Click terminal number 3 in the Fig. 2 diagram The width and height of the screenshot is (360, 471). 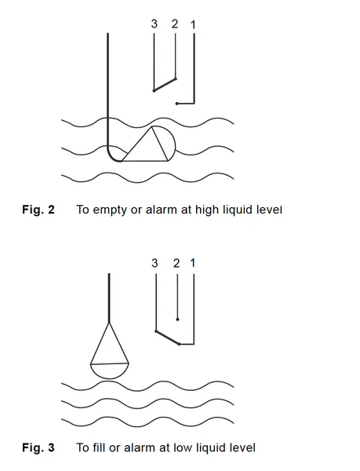coord(155,24)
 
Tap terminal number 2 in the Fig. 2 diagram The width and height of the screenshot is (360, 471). coord(175,24)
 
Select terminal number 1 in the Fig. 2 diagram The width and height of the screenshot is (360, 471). coord(193,24)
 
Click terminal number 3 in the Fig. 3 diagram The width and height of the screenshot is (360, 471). coord(155,263)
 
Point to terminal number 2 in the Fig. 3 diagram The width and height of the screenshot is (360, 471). coord(176,263)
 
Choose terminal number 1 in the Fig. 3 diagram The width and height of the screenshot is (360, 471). coord(193,263)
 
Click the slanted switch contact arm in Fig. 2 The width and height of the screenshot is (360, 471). coord(165,85)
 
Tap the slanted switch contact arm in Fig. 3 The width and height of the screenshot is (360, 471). coord(168,338)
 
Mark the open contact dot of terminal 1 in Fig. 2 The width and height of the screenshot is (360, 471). coord(177,104)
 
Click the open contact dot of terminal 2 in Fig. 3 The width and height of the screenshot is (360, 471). coord(177,319)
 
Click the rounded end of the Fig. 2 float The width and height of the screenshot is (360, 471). coord(173,141)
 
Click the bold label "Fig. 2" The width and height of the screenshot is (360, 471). coord(38,210)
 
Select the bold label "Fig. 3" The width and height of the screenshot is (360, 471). coord(38,447)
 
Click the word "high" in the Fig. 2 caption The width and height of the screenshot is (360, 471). coord(208,210)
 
